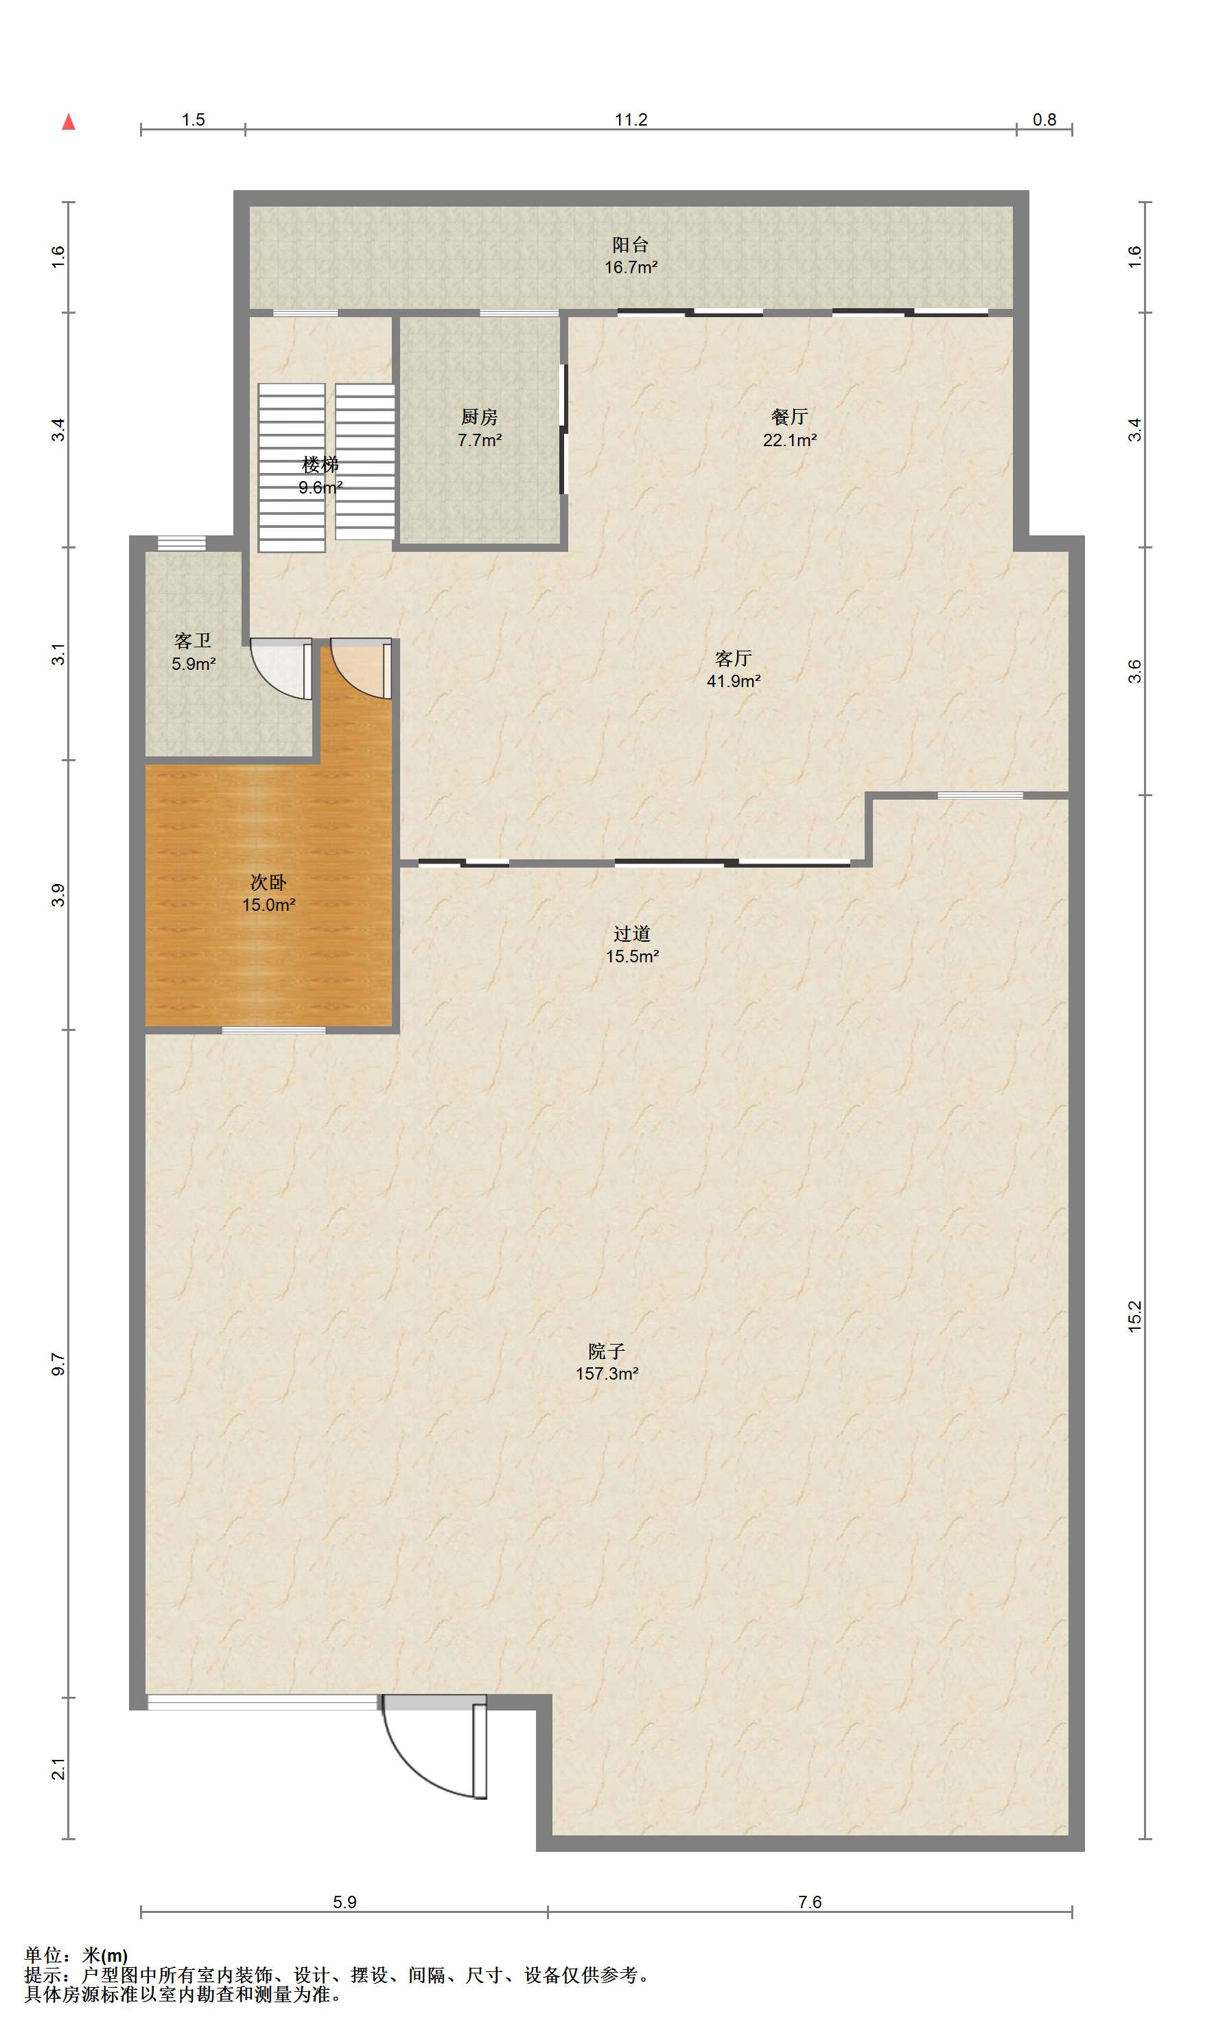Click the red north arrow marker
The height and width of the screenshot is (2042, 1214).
point(69,122)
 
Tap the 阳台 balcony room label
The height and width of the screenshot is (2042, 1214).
point(631,244)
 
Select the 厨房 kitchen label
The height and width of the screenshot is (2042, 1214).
point(480,417)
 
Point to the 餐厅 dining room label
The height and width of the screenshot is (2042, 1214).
point(789,417)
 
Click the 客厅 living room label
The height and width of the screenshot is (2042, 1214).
point(733,658)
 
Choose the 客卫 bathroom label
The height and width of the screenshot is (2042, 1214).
point(193,641)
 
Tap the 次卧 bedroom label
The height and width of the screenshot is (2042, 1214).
point(268,883)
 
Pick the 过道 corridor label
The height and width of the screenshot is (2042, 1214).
point(631,934)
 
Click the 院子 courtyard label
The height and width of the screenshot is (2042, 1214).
point(606,1351)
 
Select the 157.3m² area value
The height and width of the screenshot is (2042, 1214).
point(607,1373)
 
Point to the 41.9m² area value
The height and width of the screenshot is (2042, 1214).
point(734,681)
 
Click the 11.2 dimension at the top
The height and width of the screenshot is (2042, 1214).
point(631,120)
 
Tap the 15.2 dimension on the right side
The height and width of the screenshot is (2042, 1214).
point(1134,1316)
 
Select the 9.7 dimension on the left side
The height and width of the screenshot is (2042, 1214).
point(58,1364)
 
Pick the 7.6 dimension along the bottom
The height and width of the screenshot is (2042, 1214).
point(810,1902)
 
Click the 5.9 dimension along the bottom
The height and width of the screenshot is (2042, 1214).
point(345,1902)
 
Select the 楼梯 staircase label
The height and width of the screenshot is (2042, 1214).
point(320,465)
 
